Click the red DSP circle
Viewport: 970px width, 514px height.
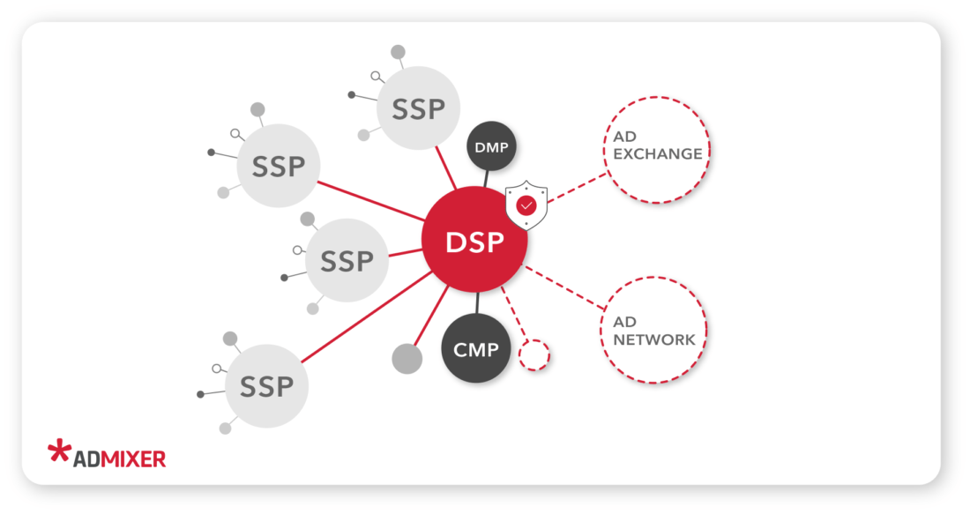474,240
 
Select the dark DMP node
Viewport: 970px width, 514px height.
491,147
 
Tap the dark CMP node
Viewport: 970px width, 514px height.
477,349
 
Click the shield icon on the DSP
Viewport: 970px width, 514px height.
526,205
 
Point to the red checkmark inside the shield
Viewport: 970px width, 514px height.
526,205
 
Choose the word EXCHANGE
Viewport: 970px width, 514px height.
658,154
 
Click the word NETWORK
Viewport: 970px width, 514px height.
654,340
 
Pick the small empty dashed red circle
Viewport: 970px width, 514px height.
533,354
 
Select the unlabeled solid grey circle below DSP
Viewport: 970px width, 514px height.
407,358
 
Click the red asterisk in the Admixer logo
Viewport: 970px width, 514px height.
59,451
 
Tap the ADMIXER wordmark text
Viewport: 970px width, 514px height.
119,458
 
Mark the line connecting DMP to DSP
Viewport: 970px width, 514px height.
487,177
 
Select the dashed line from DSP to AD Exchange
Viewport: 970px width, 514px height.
578,187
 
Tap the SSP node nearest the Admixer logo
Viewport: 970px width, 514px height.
266,386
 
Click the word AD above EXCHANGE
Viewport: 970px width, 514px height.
624,137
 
